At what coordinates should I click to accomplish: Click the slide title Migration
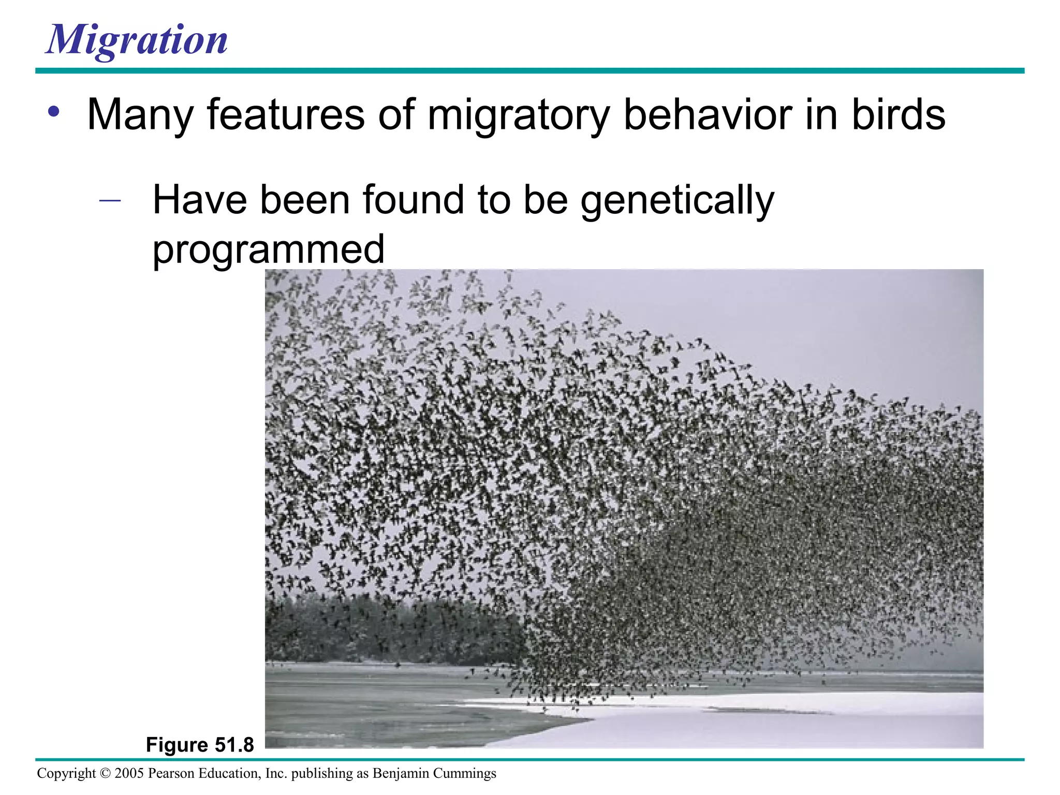coord(137,40)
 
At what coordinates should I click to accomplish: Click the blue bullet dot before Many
coord(54,112)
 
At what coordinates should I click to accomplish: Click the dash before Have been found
coord(110,200)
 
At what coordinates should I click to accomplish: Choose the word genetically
coord(677,201)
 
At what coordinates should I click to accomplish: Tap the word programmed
coord(268,249)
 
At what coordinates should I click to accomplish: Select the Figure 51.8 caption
coord(200,745)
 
